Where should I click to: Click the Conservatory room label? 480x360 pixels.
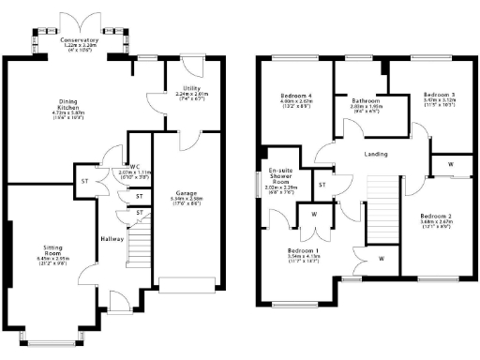point(79,41)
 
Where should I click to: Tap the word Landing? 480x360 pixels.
point(375,155)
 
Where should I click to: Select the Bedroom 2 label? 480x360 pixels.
point(437,217)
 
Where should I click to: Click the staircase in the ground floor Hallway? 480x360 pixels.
point(138,248)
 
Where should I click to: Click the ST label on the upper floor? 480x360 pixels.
point(322,185)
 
